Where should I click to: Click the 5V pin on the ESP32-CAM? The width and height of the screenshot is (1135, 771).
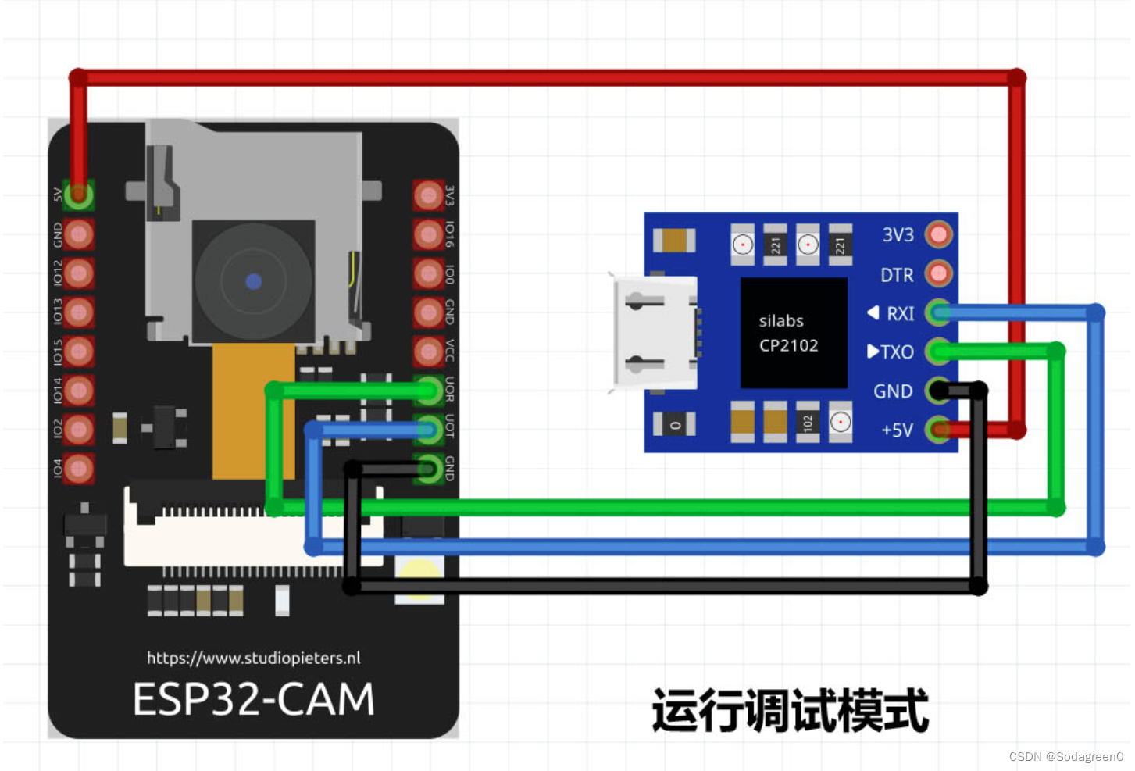(78, 195)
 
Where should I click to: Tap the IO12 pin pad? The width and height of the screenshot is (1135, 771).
(78, 273)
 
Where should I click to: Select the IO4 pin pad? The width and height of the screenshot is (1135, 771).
(78, 469)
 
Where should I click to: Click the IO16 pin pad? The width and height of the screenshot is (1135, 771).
(428, 234)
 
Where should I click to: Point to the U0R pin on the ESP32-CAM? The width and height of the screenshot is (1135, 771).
(428, 389)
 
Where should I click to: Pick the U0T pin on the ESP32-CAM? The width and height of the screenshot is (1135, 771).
(428, 428)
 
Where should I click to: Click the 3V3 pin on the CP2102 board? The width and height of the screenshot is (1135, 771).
(938, 234)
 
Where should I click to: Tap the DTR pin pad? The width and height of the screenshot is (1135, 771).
(938, 273)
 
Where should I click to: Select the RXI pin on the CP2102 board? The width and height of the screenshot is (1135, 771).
(938, 312)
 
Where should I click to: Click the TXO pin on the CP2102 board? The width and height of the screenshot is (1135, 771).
(938, 352)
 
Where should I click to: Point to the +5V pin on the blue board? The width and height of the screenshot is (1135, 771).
(938, 429)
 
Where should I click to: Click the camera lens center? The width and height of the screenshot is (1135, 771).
(253, 281)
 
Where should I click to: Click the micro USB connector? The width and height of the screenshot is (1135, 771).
(655, 333)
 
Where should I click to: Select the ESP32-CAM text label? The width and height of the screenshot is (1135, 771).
(253, 698)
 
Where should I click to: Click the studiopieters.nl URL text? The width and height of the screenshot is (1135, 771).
(253, 658)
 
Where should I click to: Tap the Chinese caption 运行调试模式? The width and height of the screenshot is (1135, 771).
(790, 710)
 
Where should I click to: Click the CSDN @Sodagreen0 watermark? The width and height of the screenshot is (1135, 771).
(1065, 756)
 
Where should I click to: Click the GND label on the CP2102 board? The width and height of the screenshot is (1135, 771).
(893, 391)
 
